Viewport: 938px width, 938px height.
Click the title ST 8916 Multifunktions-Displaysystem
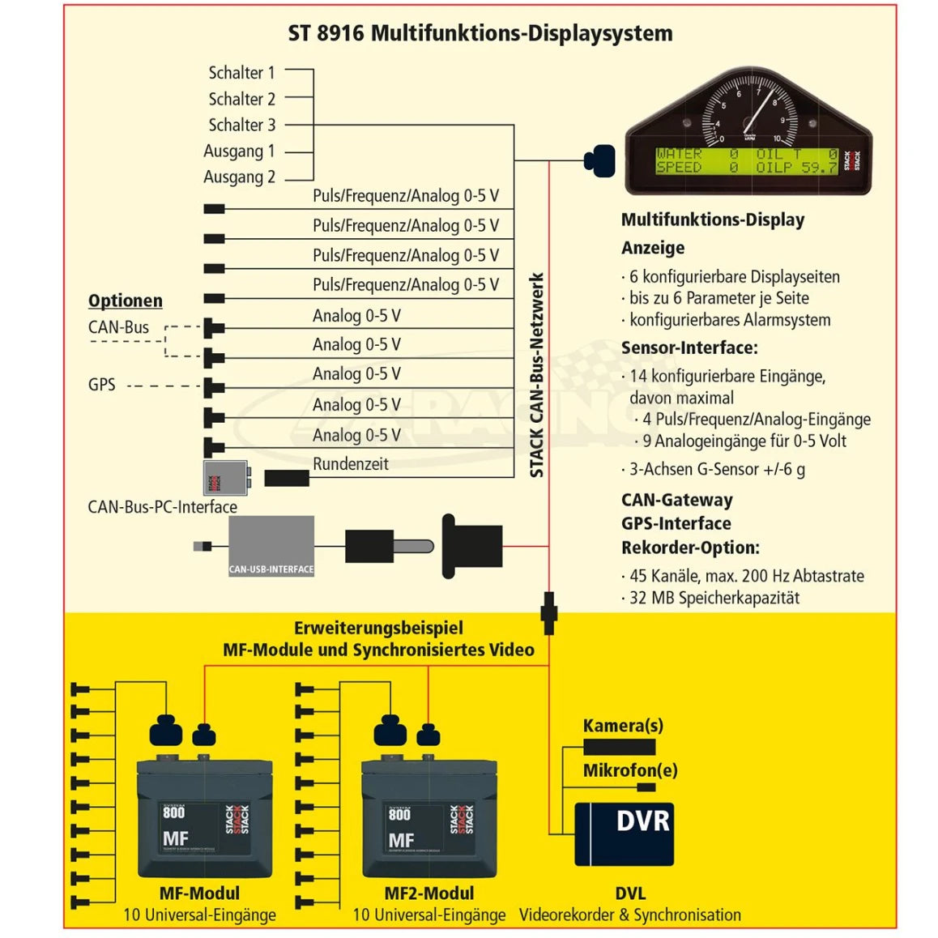pos(480,33)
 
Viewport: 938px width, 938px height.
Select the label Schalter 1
pos(241,73)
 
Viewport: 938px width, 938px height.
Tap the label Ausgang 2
pos(239,177)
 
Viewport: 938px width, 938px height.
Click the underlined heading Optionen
pos(126,301)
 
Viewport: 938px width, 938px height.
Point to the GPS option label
pos(102,385)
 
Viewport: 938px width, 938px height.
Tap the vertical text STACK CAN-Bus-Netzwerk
pos(536,375)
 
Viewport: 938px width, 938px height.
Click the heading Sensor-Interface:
pos(689,347)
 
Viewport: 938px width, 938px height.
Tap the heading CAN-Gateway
pos(676,500)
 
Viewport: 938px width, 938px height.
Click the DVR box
pos(624,834)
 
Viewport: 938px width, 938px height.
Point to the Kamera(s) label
pos(623,726)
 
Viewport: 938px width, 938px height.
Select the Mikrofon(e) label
pos(630,770)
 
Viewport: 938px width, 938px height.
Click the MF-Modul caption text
pos(199,893)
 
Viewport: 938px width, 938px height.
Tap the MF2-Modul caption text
pos(428,893)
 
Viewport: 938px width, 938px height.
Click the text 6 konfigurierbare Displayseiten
pos(734,277)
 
